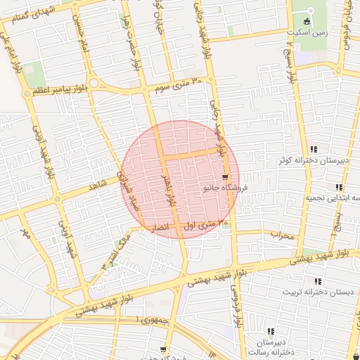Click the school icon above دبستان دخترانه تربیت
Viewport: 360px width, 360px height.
318,281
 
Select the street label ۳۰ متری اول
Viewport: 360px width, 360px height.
206,225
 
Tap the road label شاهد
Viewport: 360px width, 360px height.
96,186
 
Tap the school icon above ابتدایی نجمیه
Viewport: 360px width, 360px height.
339,187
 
